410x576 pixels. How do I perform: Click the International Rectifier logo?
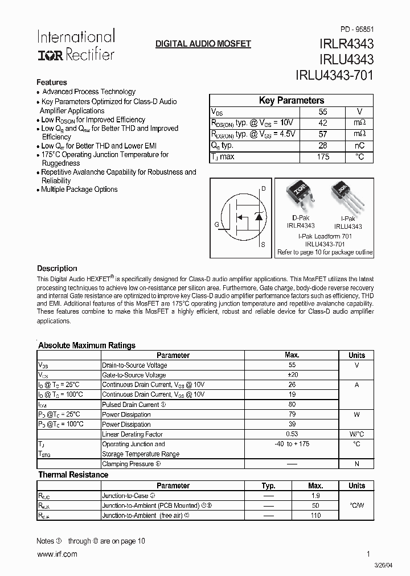pyautogui.click(x=76, y=46)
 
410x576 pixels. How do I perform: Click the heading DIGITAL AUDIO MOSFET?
pyautogui.click(x=203, y=44)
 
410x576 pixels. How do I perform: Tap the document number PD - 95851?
pyautogui.click(x=357, y=28)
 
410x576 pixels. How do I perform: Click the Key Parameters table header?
pyautogui.click(x=292, y=101)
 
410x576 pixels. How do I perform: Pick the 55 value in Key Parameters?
pyautogui.click(x=323, y=112)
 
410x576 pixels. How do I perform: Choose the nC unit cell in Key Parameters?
pyautogui.click(x=359, y=146)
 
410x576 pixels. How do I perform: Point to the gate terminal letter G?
pyautogui.click(x=217, y=224)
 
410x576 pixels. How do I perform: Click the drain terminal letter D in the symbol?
pyautogui.click(x=263, y=188)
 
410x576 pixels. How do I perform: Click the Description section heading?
pyautogui.click(x=57, y=268)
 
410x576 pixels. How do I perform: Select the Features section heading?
pyautogui.click(x=52, y=82)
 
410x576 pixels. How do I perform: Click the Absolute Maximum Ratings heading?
pyautogui.click(x=87, y=345)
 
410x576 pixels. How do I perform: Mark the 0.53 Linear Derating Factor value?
pyautogui.click(x=292, y=434)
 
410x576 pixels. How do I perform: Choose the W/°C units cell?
pyautogui.click(x=356, y=434)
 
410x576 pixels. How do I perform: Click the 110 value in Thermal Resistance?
pyautogui.click(x=315, y=516)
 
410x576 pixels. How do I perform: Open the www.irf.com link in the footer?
pyautogui.click(x=56, y=554)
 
